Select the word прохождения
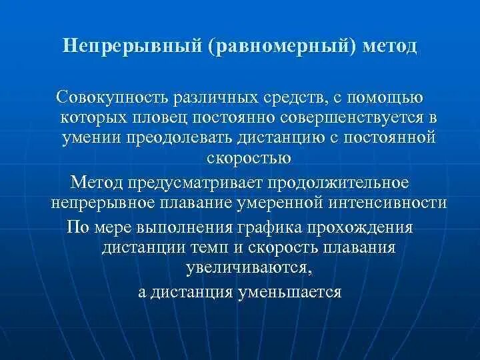(361, 227)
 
